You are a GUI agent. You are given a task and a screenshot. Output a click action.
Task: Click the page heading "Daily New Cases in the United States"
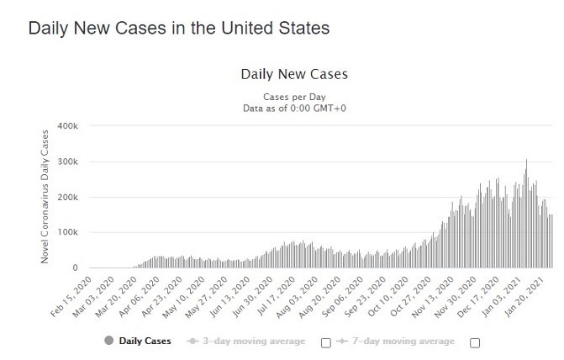coord(178,28)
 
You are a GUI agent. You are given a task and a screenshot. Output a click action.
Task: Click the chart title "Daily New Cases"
coord(294,74)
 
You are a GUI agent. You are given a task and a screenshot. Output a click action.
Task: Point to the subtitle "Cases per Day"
coord(294,97)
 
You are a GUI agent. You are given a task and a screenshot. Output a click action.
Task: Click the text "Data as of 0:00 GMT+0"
coord(294,109)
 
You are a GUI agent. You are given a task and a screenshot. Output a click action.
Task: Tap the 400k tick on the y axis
coord(67,126)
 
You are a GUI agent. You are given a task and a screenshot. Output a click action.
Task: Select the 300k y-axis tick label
coord(67,161)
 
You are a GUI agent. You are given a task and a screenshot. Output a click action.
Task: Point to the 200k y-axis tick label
coord(67,198)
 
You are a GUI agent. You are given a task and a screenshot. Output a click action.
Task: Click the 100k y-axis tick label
coord(67,233)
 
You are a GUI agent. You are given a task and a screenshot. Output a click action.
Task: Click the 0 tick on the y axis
coord(75,268)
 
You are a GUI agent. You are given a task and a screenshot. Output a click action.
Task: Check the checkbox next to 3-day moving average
coord(325,342)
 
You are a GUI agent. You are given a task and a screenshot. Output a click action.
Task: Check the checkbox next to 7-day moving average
coord(475,342)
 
